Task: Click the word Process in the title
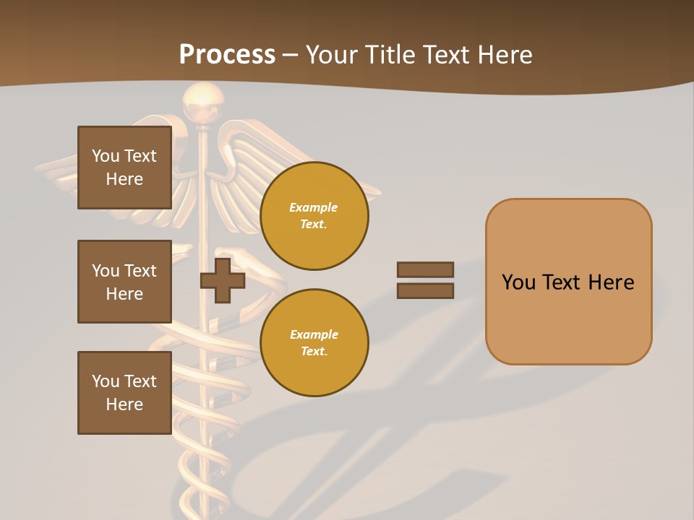tap(227, 54)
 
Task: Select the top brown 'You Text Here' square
tap(124, 168)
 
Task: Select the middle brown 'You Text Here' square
tap(124, 282)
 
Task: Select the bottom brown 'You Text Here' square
tap(124, 393)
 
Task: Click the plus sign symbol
tap(223, 281)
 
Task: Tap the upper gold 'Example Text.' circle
tap(314, 216)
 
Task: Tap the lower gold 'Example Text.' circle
tap(314, 343)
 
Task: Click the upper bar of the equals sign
tap(425, 270)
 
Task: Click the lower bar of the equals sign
tap(425, 291)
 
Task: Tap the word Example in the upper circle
tap(314, 208)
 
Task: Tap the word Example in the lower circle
tap(314, 335)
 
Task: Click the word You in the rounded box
tap(519, 282)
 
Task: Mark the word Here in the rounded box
tap(611, 282)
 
